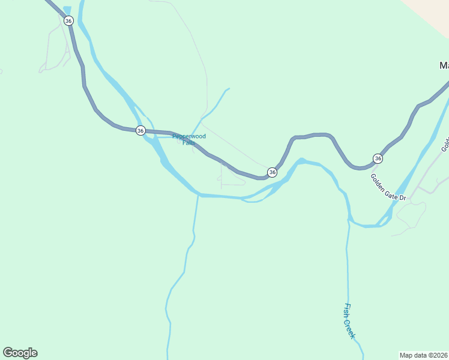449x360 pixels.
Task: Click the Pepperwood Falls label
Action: click(x=189, y=139)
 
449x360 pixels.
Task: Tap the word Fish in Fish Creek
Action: click(x=347, y=311)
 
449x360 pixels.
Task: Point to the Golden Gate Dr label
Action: click(x=388, y=187)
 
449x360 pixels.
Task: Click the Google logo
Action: click(x=20, y=353)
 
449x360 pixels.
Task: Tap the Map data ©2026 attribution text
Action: click(x=423, y=355)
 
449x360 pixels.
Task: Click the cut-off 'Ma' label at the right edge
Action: click(x=444, y=65)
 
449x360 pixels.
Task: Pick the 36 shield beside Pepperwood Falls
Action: click(x=140, y=130)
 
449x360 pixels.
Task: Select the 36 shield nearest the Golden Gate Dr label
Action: click(x=378, y=158)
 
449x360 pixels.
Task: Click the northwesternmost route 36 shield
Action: click(x=68, y=20)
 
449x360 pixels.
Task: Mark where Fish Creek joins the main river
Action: click(x=349, y=220)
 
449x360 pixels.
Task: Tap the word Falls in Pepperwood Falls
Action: click(x=189, y=143)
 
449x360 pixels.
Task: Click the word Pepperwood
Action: click(x=189, y=136)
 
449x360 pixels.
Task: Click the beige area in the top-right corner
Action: click(x=432, y=12)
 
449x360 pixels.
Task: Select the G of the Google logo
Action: click(x=8, y=353)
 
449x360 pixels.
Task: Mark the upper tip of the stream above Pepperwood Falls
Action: click(x=229, y=89)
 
